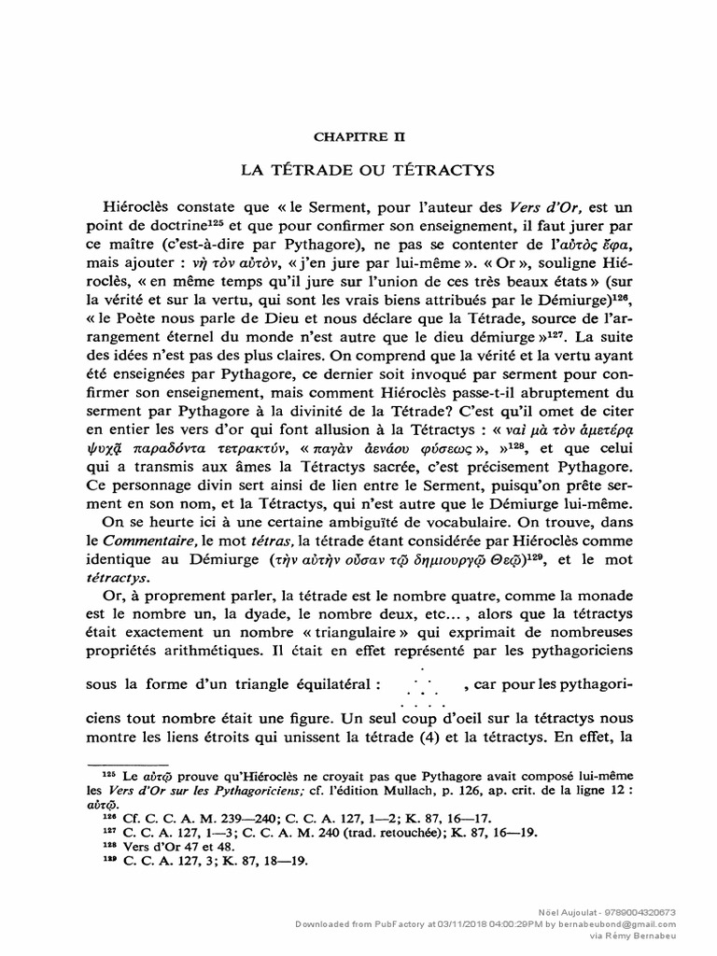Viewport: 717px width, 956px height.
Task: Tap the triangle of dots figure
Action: pos(423,685)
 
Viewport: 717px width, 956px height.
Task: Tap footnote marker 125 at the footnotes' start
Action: pos(105,775)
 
